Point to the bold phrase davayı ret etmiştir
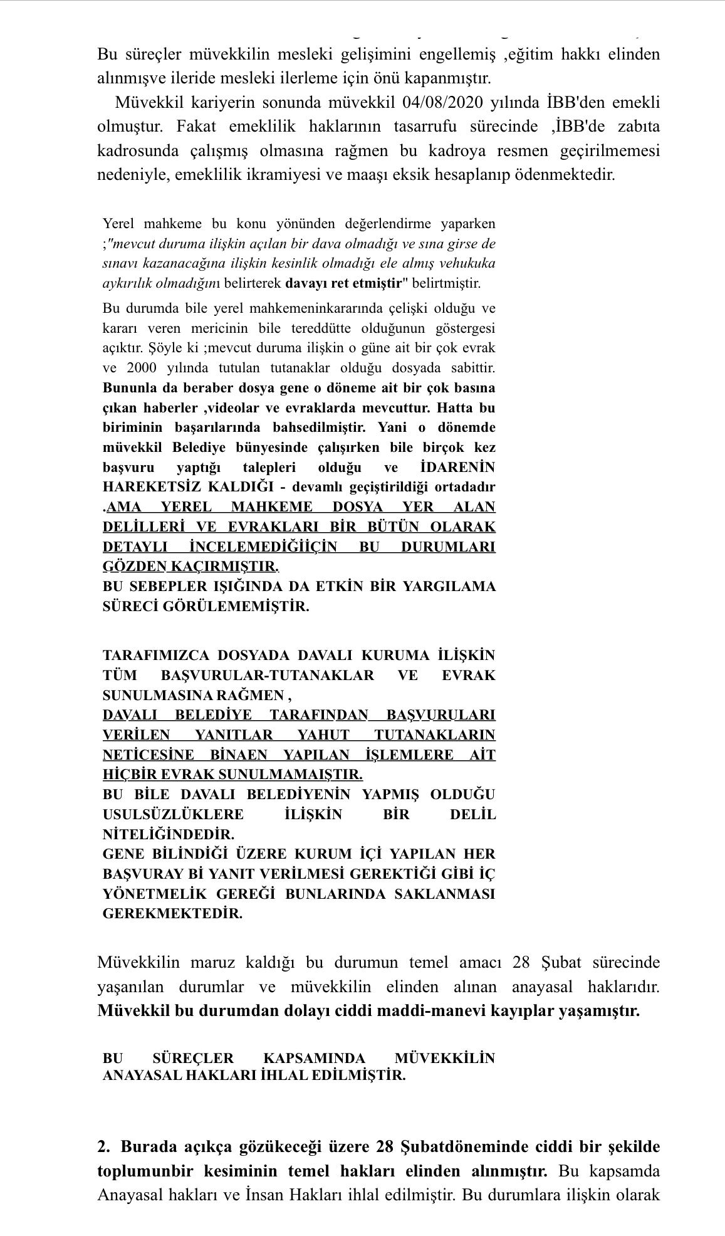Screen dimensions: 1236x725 coord(343,283)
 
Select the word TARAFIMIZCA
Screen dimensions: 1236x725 coord(155,656)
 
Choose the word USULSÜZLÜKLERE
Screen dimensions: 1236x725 coord(173,815)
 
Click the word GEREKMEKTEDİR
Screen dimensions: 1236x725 coord(172,914)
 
